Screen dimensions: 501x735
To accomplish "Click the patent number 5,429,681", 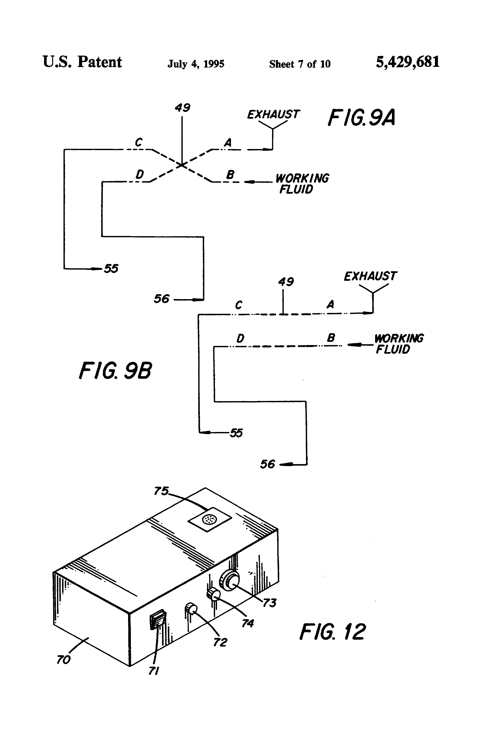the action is (x=407, y=62).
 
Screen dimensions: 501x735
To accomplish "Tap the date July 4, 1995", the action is (x=196, y=64).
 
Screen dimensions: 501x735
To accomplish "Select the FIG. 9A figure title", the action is (x=361, y=118).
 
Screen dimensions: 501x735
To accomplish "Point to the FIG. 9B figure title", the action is (x=115, y=371).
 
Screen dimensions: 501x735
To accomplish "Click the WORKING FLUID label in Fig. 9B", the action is (x=398, y=344).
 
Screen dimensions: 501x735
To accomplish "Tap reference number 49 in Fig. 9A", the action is (x=182, y=108).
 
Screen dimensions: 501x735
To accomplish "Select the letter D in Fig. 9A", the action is (x=140, y=174).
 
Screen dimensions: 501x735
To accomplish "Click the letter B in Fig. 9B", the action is (x=331, y=338).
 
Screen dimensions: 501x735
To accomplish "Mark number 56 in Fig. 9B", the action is (x=268, y=464).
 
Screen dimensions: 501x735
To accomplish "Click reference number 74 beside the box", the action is (x=248, y=623).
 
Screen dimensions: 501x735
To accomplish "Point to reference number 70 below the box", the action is (x=63, y=660).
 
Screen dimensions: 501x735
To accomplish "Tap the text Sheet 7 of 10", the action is (x=300, y=64).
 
